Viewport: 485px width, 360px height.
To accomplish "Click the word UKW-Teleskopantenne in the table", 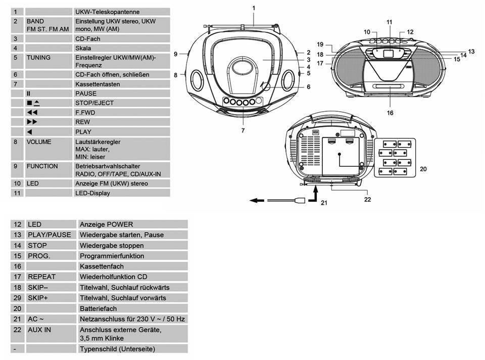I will tap(107, 12).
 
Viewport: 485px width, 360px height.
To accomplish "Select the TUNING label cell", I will tap(39, 58).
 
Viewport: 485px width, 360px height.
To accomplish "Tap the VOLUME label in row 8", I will tap(39, 142).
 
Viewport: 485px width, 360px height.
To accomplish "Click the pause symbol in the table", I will tap(29, 94).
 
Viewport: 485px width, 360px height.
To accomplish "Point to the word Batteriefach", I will tap(98, 308).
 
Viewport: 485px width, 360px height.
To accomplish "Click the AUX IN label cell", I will tap(40, 330).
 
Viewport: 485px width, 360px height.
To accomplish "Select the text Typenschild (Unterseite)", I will tap(117, 349).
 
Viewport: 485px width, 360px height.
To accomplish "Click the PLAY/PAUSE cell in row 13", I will tap(49, 235).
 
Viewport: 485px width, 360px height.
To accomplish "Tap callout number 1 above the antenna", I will tap(254, 8).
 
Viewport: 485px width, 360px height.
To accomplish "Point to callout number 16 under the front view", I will tap(390, 113).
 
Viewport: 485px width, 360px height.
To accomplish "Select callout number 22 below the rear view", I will tap(367, 199).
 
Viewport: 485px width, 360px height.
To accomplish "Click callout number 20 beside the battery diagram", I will tap(423, 168).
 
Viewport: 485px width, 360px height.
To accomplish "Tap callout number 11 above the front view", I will tap(389, 22).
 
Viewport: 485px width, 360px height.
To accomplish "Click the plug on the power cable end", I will tap(299, 200).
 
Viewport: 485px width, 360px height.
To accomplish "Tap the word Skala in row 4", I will tap(83, 48).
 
